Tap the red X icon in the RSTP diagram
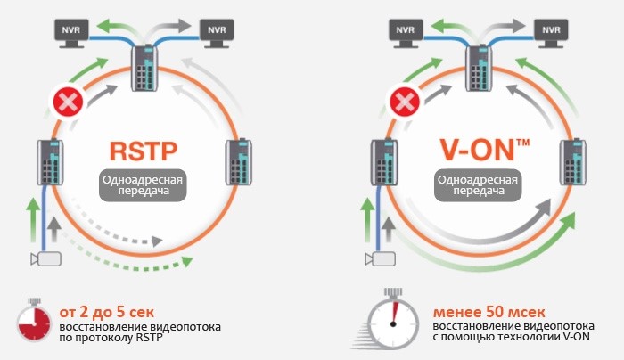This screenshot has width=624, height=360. pos(68,102)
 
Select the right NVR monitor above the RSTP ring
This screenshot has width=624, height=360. pos(215,33)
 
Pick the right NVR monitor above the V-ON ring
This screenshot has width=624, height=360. pos(549,33)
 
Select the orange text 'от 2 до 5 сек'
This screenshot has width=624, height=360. pos(107,311)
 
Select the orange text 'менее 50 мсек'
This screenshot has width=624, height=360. pos(482,311)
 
